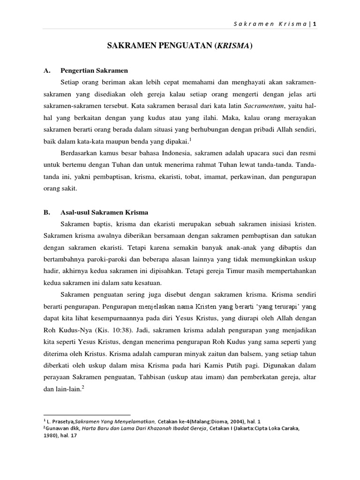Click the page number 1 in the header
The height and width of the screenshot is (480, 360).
coord(321,24)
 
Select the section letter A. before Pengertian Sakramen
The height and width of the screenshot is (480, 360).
coord(46,70)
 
